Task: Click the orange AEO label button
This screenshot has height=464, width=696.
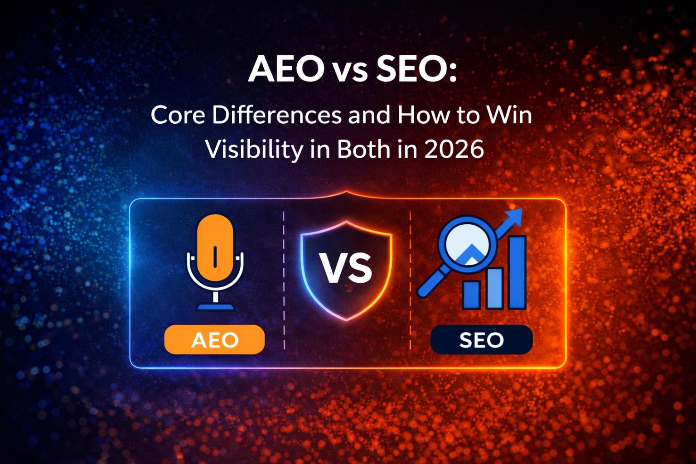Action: [214, 339]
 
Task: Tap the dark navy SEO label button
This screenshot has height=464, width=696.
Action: [481, 339]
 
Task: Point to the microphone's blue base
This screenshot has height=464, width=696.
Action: [215, 307]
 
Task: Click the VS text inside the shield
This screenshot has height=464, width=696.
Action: [346, 267]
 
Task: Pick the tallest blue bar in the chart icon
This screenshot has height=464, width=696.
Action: [517, 272]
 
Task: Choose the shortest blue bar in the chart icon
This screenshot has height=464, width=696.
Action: [471, 295]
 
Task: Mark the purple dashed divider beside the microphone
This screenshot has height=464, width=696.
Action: [284, 281]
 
